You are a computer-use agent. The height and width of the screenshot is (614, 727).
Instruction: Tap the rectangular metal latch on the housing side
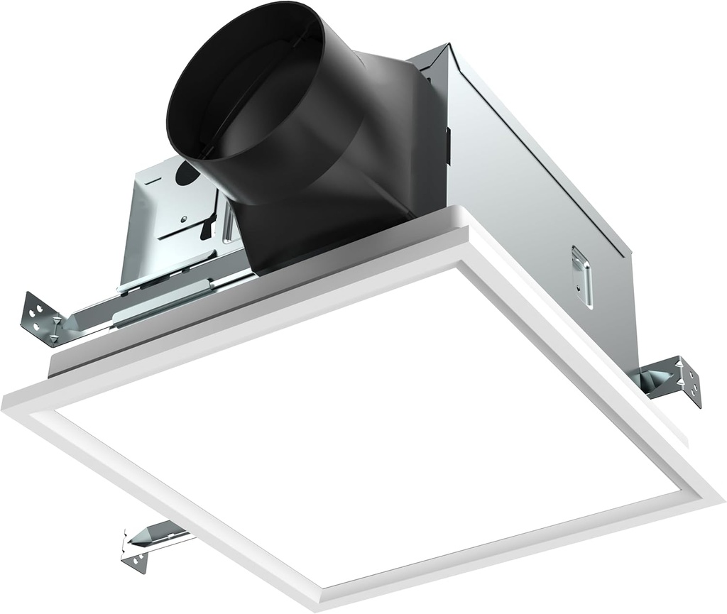point(582,275)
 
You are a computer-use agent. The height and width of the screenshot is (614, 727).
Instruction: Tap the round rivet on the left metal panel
point(183,219)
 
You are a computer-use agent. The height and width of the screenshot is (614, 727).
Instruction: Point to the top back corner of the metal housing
point(446,48)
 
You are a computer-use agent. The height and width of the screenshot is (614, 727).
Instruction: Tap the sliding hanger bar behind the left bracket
point(163,298)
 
